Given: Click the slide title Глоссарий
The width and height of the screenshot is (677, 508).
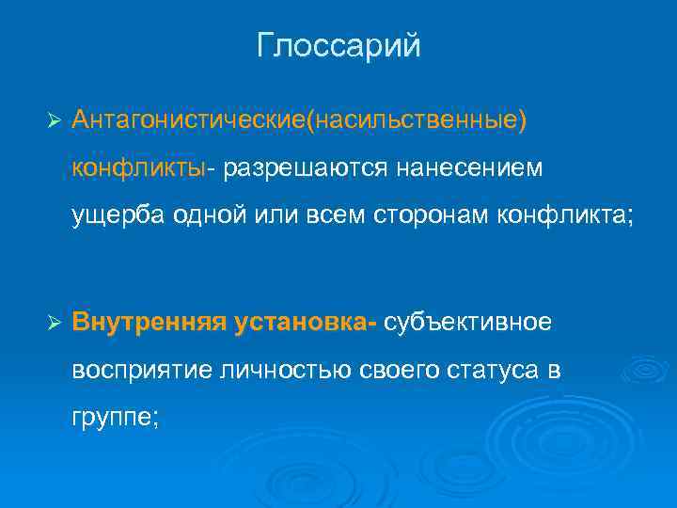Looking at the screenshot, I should tap(338, 45).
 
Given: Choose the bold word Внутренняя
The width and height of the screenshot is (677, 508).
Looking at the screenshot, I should tap(149, 323).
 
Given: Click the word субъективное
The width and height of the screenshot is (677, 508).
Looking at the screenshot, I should tap(467, 323).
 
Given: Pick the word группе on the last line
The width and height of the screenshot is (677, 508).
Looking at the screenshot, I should tap(116, 417).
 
